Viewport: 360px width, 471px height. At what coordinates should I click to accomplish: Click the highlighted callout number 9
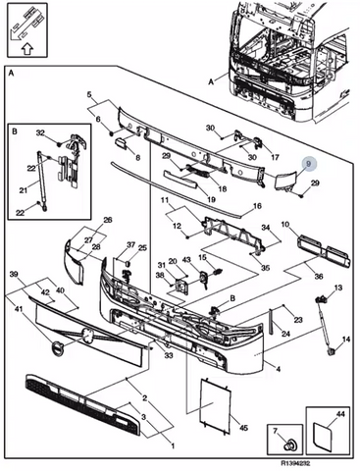click(308, 163)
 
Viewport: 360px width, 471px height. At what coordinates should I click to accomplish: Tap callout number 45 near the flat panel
click(243, 427)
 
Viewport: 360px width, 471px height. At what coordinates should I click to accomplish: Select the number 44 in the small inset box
click(340, 414)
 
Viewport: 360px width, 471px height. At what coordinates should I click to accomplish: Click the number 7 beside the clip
click(275, 432)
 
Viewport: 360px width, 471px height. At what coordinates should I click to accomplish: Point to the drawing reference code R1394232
click(295, 463)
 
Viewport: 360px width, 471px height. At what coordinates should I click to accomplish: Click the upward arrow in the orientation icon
click(27, 48)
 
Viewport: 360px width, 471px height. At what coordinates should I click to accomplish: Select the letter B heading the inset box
click(15, 131)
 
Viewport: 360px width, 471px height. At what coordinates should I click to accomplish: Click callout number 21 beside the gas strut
click(24, 189)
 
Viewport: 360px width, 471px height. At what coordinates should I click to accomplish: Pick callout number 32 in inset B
click(40, 132)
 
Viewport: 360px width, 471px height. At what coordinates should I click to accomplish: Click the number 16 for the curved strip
click(257, 206)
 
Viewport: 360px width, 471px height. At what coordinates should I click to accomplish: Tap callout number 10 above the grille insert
click(284, 225)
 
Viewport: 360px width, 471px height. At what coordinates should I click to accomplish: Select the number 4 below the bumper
click(278, 369)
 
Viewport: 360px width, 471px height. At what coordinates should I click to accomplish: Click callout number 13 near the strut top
click(338, 288)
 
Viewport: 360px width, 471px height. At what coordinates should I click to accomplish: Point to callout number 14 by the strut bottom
click(346, 340)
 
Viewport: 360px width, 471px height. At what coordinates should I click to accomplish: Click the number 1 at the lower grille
click(173, 445)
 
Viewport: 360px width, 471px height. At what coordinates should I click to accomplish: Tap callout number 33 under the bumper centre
click(168, 355)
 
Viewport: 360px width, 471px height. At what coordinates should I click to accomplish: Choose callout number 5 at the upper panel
click(89, 95)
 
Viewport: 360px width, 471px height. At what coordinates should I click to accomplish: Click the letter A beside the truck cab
click(211, 81)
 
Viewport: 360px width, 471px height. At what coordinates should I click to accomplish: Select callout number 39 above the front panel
click(14, 275)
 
